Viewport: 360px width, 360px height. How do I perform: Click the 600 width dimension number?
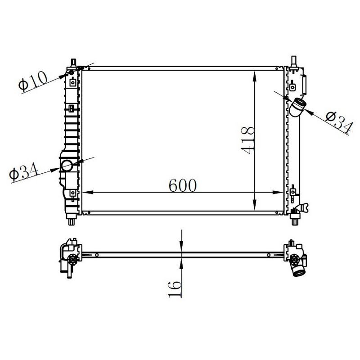point(183,185)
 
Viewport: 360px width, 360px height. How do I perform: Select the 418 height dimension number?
point(247,140)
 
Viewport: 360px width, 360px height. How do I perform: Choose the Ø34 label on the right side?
point(338,122)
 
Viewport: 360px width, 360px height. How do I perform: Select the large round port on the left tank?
point(67,166)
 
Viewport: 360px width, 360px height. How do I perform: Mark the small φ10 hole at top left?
point(72,72)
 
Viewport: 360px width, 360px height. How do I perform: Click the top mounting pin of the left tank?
point(73,62)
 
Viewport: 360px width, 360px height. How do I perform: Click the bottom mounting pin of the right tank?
point(295,221)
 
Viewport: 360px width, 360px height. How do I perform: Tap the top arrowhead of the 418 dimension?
point(255,73)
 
